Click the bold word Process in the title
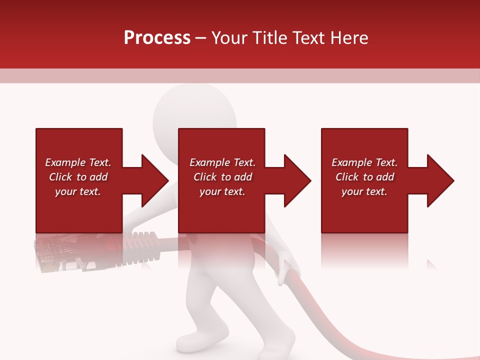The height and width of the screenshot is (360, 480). tap(157, 38)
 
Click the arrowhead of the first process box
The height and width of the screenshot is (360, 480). tap(154, 180)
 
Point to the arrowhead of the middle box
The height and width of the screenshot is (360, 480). tap(297, 180)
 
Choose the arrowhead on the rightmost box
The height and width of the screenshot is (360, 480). tap(440, 180)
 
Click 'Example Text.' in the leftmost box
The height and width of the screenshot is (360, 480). tap(78, 162)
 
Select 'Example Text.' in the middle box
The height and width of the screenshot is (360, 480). tap(222, 162)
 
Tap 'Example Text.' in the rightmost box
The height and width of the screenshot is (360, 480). tap(364, 162)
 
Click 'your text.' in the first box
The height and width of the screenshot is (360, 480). tap(78, 191)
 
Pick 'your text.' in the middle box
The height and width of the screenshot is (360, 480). tap(222, 191)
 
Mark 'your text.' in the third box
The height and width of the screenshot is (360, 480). tap(364, 191)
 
